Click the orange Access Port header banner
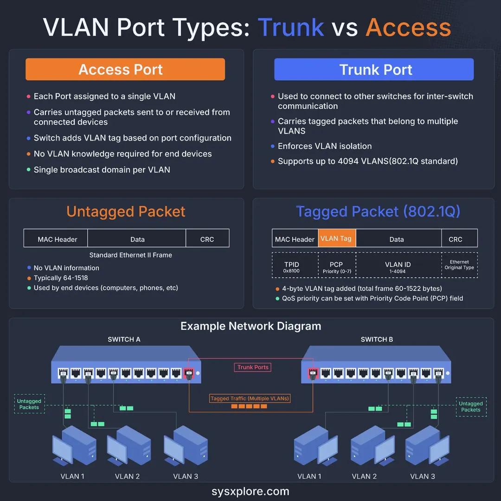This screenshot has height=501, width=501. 125,70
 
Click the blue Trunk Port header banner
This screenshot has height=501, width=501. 374,70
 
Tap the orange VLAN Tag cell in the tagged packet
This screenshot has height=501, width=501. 337,238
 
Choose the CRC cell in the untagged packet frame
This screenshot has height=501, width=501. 207,239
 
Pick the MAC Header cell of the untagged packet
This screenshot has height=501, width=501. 57,239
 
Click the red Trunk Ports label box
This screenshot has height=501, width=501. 253,367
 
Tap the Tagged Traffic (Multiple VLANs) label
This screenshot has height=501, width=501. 250,398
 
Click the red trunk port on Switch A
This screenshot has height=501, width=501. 189,373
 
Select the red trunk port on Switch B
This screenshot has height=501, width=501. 313,373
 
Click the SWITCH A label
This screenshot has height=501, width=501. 124,339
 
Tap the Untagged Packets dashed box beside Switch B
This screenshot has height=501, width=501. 470,406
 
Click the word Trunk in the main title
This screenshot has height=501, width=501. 291,27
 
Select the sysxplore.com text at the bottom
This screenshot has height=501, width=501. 250,491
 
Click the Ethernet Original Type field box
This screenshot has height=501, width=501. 459,265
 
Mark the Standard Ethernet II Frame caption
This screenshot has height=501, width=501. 130,255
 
